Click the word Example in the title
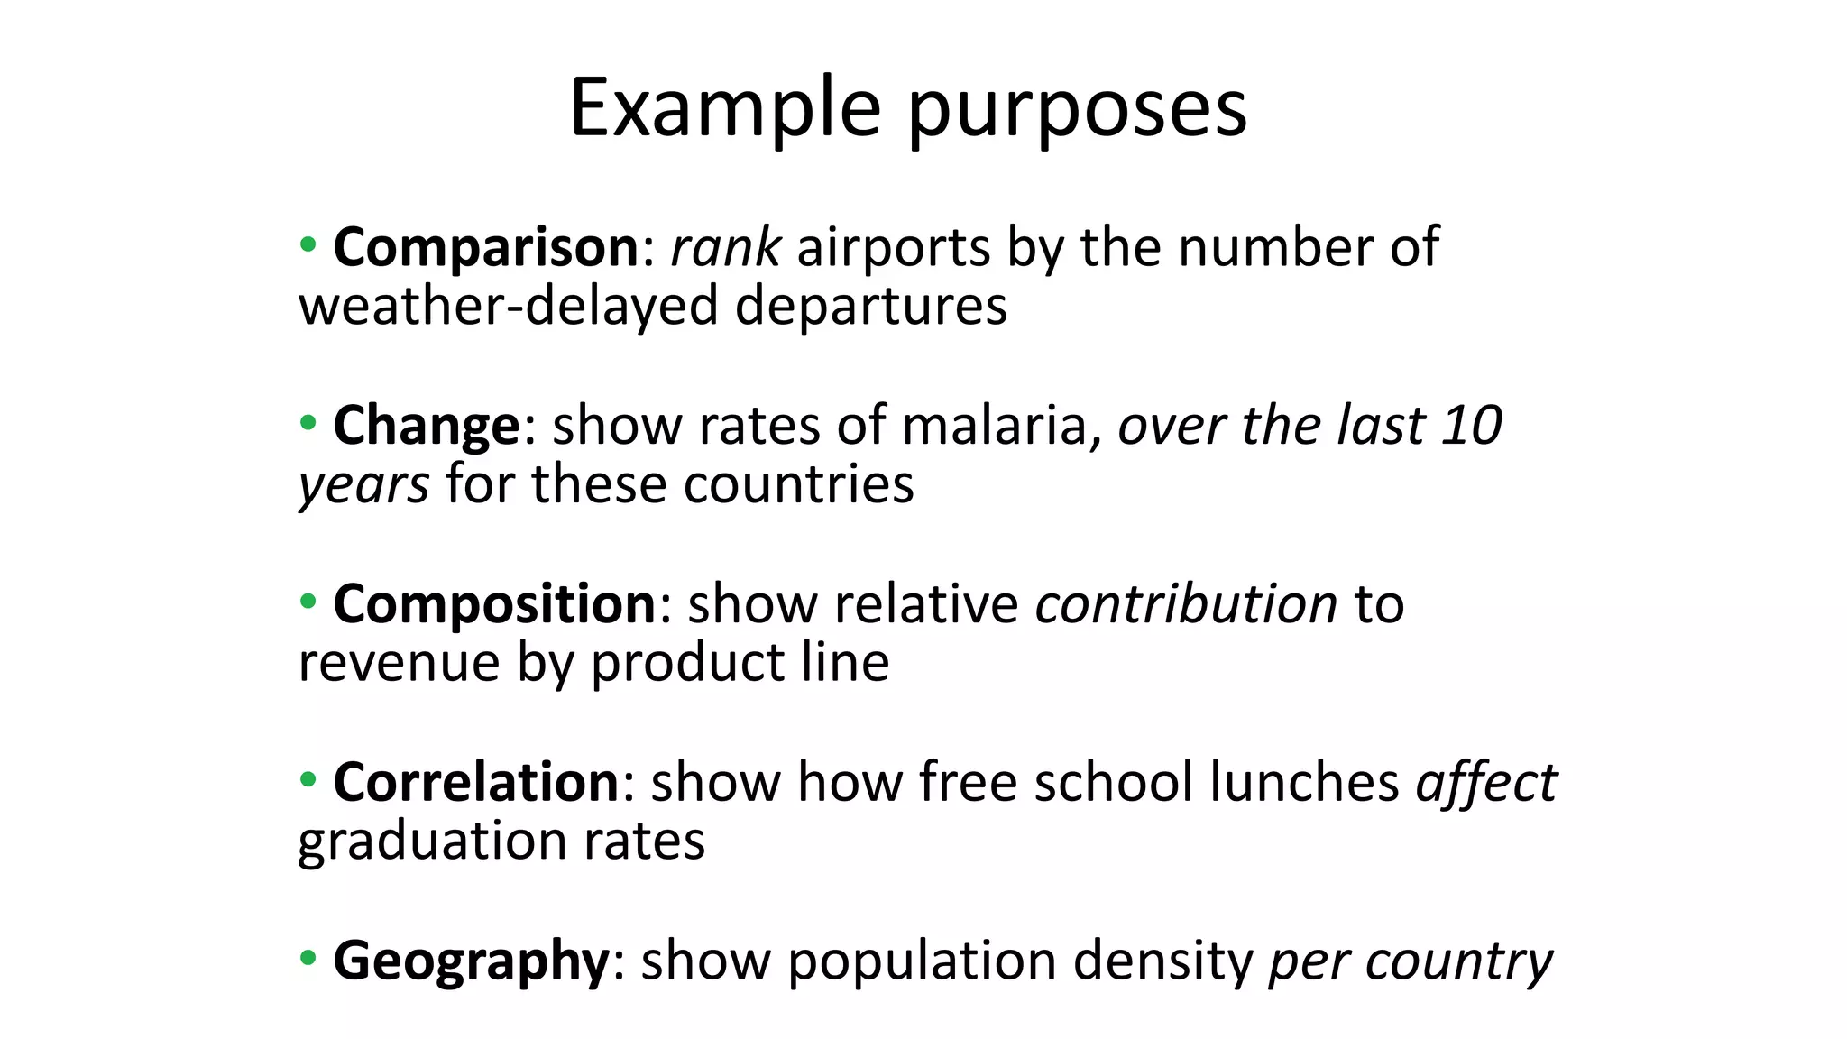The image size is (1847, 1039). pyautogui.click(x=725, y=108)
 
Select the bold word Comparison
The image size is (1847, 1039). pyautogui.click(x=485, y=247)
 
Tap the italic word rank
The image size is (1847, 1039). pyautogui.click(x=725, y=247)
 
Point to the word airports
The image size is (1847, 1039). pyautogui.click(x=893, y=249)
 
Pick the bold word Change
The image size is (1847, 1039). pyautogui.click(x=427, y=426)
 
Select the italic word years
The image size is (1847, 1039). pyautogui.click(x=363, y=486)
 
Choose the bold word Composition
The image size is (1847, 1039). pyautogui.click(x=494, y=604)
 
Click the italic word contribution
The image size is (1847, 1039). pyautogui.click(x=1186, y=604)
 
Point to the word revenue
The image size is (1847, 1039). pyautogui.click(x=399, y=663)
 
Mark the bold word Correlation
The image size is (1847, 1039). pyautogui.click(x=475, y=782)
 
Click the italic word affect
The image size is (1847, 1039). pyautogui.click(x=1486, y=782)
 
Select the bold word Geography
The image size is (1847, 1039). pyautogui.click(x=472, y=961)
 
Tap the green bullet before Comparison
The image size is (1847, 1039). pyautogui.click(x=308, y=244)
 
